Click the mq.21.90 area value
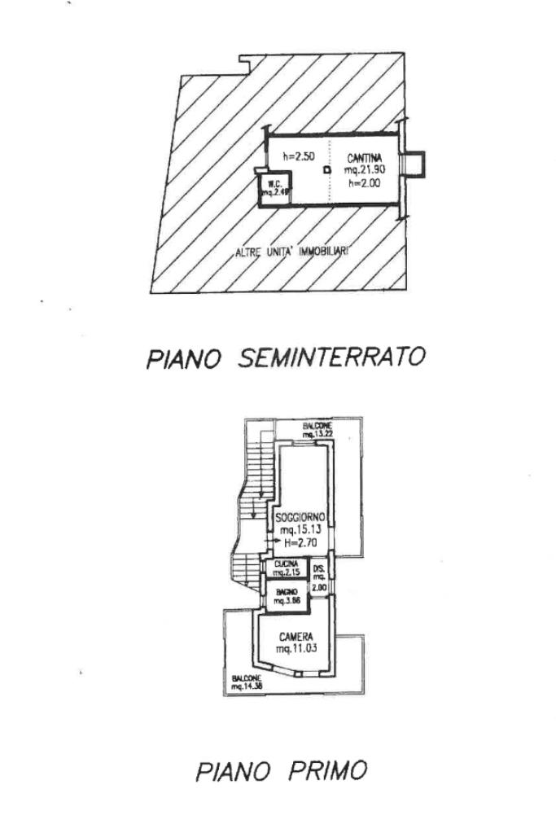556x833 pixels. click(364, 170)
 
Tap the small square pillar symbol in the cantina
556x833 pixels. click(327, 170)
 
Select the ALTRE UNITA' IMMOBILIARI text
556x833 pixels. click(291, 252)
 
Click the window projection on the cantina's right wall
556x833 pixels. click(415, 164)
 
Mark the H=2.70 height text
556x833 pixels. click(300, 540)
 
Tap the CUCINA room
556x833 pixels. click(286, 568)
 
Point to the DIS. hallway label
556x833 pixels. click(319, 569)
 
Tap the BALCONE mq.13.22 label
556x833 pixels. click(316, 430)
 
